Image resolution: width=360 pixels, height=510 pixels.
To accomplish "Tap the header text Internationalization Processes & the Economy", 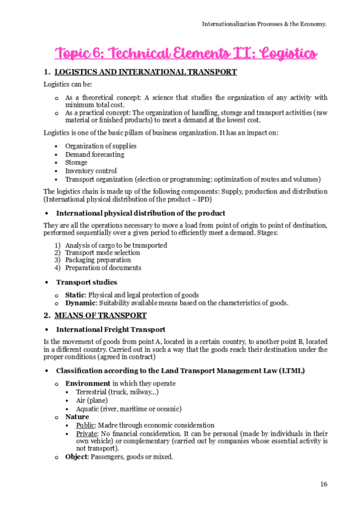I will coord(264,24).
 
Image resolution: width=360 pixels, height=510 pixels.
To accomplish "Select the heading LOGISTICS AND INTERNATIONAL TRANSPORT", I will coord(145,72).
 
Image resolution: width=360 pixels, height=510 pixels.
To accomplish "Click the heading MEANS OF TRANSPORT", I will coord(100,315).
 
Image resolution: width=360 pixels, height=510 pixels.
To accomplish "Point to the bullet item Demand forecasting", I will coord(94,155).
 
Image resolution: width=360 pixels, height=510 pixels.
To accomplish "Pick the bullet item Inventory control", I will coord(91,171).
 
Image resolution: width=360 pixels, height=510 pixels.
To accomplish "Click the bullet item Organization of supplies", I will coord(100,146).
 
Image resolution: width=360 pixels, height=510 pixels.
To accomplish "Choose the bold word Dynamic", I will coord(79,303).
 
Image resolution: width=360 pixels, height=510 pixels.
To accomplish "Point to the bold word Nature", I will coord(77,417).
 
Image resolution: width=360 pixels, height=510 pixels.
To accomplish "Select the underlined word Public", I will coord(86,425).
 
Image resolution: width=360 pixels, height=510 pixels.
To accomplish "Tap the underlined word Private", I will coord(87,433).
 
